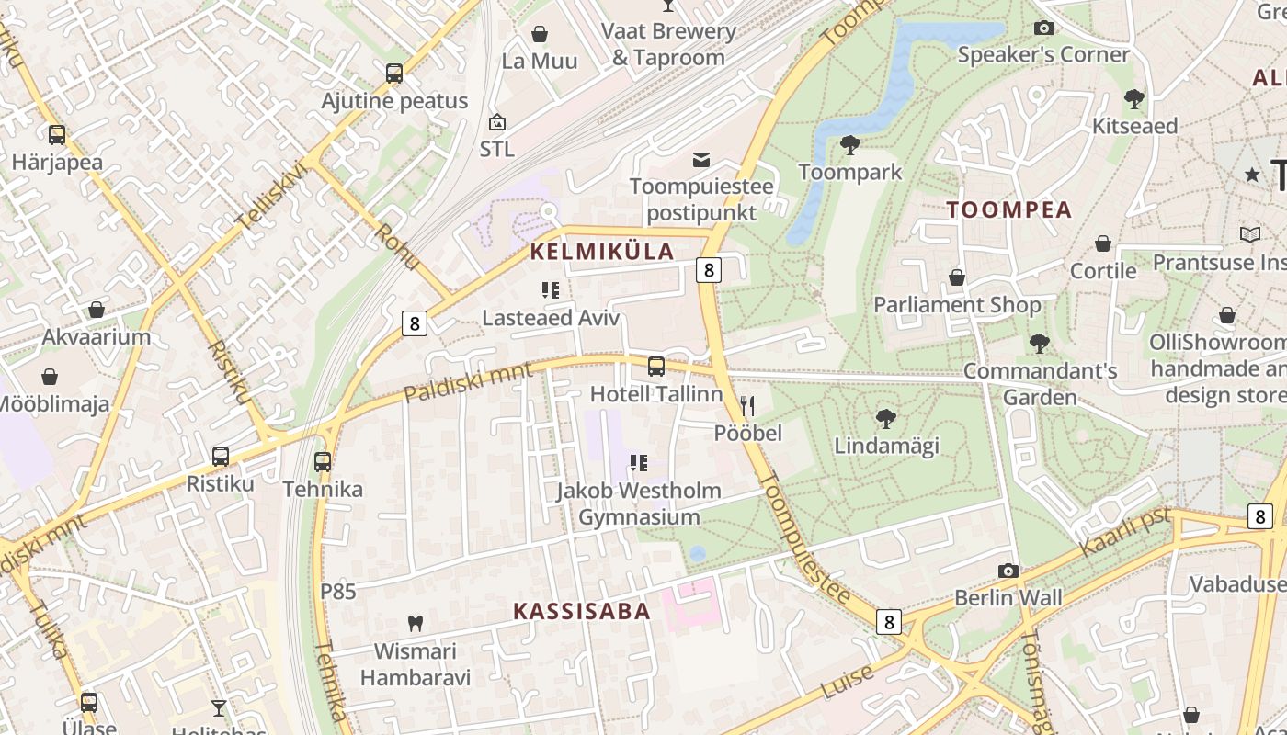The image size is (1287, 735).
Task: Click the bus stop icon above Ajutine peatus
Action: coord(394,73)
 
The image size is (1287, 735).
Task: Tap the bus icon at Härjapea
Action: coord(57,135)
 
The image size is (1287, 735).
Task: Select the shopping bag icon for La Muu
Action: coord(540,34)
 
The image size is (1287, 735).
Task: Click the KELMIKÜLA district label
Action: coord(602,252)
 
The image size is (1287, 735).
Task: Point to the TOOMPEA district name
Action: coord(1009,209)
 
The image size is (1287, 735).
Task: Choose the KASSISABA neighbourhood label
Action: coord(581,611)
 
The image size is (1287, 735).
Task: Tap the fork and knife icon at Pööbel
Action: coord(747,405)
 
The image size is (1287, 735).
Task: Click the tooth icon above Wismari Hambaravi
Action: coord(415,623)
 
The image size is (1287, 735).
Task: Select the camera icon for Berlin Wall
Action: coord(1008,571)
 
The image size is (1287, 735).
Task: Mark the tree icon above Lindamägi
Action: coord(886,419)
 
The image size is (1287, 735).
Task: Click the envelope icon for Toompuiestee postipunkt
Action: coord(701,160)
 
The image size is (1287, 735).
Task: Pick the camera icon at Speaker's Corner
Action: coord(1043,28)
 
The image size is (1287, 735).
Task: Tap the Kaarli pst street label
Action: coord(1126,531)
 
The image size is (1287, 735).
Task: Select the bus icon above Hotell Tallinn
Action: coord(656,367)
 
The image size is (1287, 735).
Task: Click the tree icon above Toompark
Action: coord(850,144)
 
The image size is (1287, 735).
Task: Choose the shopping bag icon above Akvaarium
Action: coord(97,310)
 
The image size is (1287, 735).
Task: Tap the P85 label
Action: coord(337,592)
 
